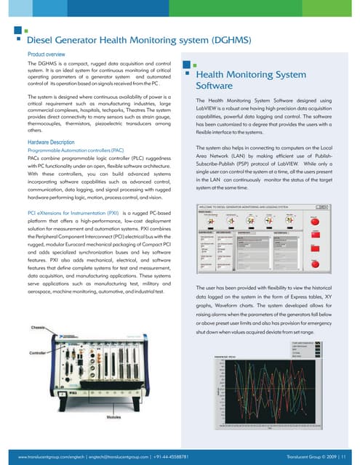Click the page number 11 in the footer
(x=352, y=456)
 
